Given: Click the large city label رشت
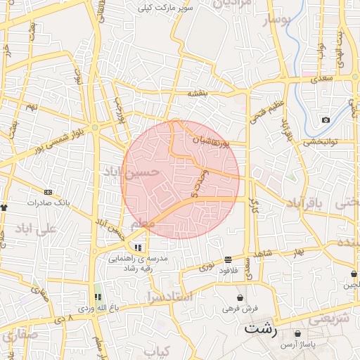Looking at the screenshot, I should (x=261, y=329).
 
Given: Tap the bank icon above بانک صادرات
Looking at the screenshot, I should (x=47, y=192).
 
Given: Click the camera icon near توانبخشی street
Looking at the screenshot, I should (x=326, y=120).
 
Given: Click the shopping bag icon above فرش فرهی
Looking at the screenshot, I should (x=241, y=298).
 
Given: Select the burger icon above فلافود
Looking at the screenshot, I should (x=228, y=259).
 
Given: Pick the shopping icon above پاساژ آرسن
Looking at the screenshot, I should (x=298, y=333).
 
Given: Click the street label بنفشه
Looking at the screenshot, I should (x=198, y=94).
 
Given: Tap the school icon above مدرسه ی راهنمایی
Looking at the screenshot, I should (x=139, y=247).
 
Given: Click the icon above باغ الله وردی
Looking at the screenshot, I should (x=98, y=297).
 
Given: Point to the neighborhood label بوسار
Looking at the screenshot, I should (x=276, y=21).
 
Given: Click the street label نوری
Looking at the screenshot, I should (x=208, y=267).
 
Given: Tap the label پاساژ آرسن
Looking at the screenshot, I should (x=299, y=344).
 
